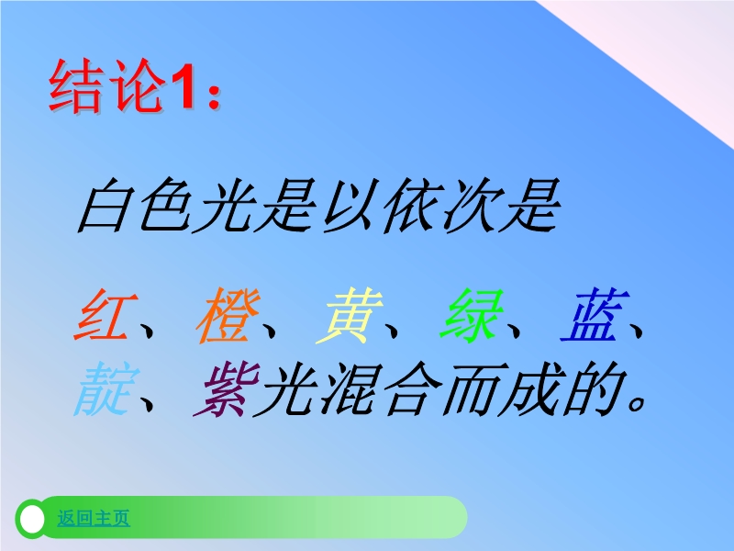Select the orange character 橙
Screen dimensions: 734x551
click(x=228, y=314)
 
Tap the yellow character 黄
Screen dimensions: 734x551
click(x=350, y=314)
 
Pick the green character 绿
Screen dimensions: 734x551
click(x=472, y=314)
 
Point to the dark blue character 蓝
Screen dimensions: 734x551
click(x=595, y=314)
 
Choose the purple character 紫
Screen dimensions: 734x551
click(x=227, y=388)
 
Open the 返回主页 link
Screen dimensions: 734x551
click(x=94, y=518)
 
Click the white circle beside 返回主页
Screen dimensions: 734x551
click(x=32, y=519)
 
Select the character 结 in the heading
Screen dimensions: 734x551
click(x=76, y=85)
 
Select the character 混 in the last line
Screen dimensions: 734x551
click(x=349, y=388)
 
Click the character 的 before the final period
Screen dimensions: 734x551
click(x=594, y=388)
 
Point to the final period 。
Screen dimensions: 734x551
click(x=638, y=402)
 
